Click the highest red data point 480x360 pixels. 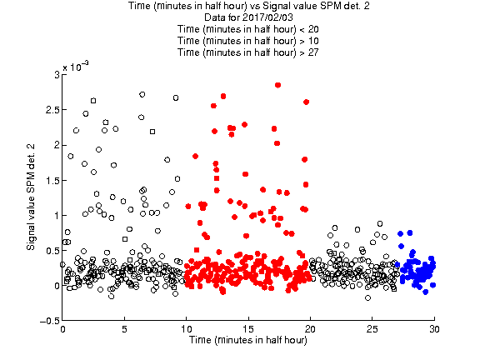click(x=277, y=85)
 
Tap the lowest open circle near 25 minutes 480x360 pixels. click(x=367, y=297)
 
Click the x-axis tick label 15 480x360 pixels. click(x=248, y=329)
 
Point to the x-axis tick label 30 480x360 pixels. click(x=434, y=329)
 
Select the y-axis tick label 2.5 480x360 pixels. click(x=52, y=110)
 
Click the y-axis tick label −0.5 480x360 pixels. click(x=49, y=321)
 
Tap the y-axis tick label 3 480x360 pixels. click(x=57, y=75)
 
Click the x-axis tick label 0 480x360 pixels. click(x=62, y=329)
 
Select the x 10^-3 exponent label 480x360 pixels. click(x=76, y=66)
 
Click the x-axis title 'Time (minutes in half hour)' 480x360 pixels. click(x=248, y=340)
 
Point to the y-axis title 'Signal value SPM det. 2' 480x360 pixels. click(x=31, y=197)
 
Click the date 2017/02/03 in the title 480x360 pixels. click(x=263, y=17)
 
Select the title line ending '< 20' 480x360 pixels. click(x=248, y=29)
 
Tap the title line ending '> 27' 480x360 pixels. click(x=248, y=52)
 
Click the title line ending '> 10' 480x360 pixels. click(x=248, y=41)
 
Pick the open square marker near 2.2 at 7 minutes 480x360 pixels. click(x=152, y=132)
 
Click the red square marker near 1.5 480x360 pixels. click(x=217, y=178)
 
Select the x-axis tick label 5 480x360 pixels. click(x=124, y=329)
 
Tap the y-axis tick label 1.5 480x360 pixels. click(x=52, y=180)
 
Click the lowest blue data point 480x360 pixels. click(x=425, y=292)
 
